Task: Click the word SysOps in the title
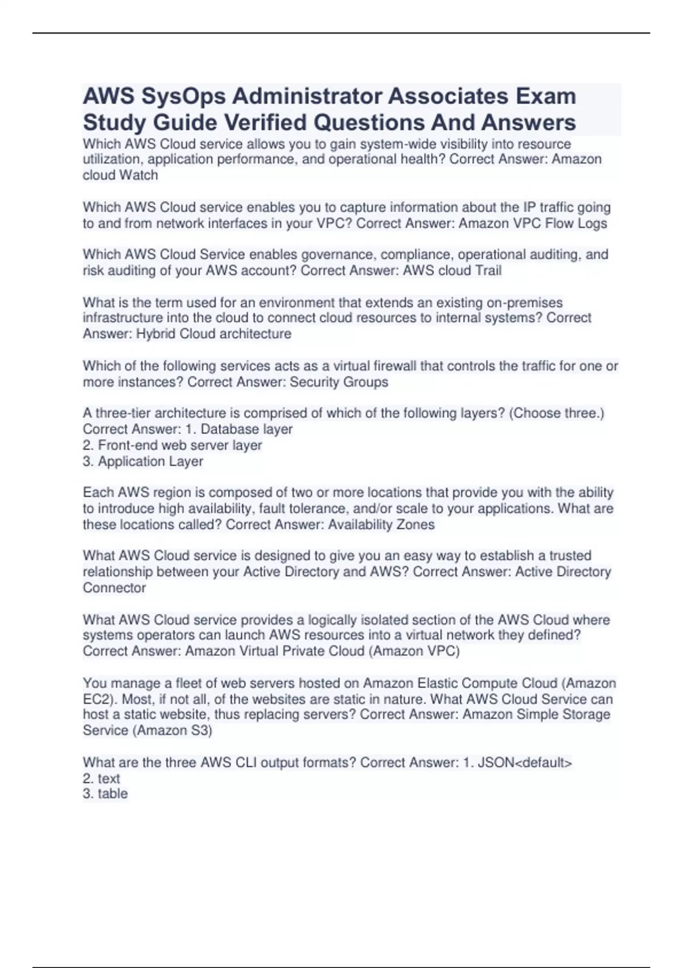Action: click(x=183, y=97)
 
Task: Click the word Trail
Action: click(x=485, y=270)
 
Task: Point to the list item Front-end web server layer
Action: click(x=172, y=445)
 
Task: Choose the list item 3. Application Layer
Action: click(x=143, y=461)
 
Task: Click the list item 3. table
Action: click(x=105, y=794)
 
